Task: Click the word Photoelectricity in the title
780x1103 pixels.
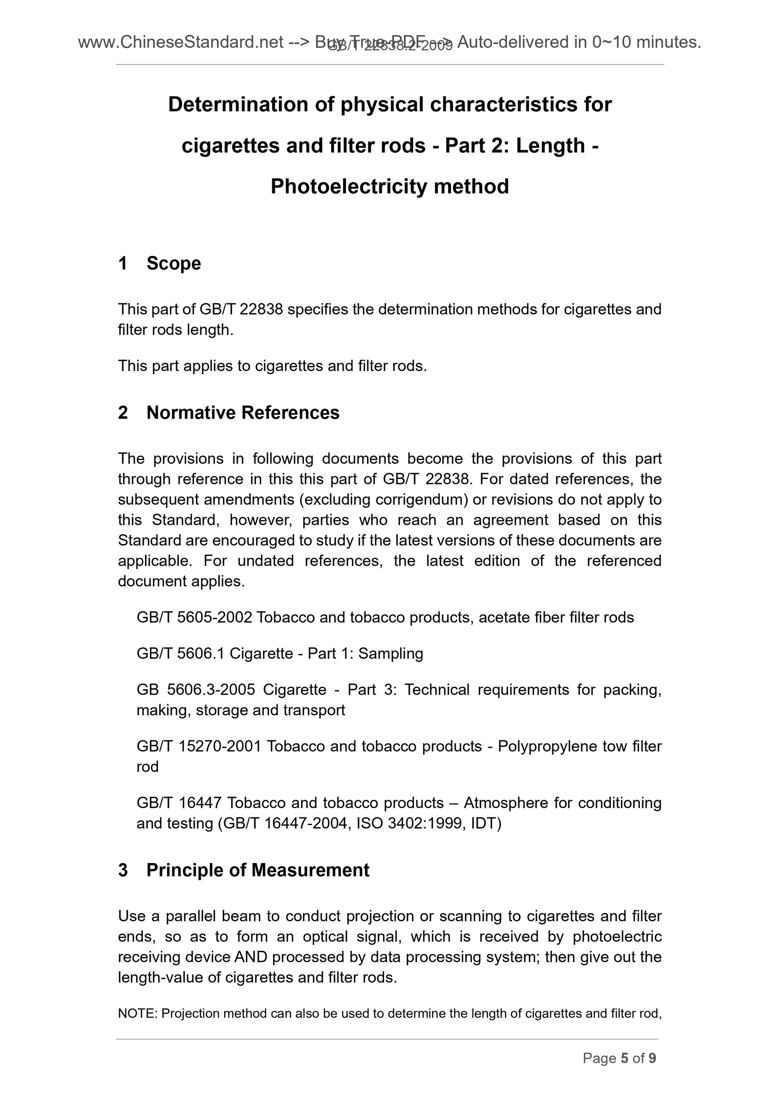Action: [349, 186]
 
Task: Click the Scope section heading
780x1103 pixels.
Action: [174, 263]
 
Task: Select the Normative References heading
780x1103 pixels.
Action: [243, 413]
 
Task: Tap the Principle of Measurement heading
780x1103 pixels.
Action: [258, 870]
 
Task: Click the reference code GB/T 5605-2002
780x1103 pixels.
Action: [194, 617]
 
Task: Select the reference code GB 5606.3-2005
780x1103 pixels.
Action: [196, 690]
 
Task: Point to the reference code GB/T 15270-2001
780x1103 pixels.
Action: [198, 746]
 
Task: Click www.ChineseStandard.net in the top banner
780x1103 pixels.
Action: [180, 42]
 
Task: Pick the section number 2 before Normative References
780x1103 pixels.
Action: [123, 413]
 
